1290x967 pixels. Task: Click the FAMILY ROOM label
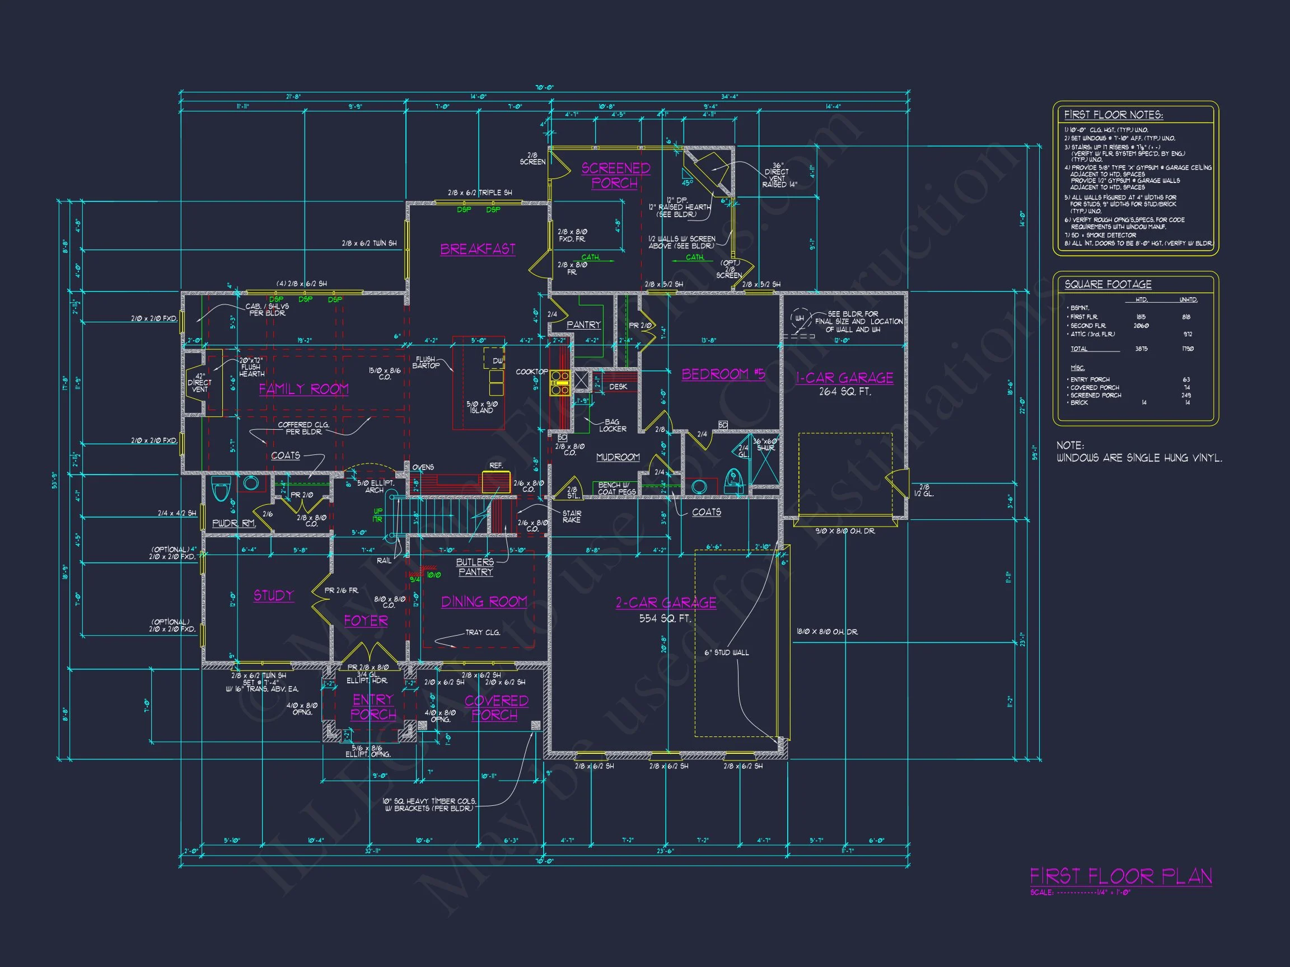[x=303, y=389]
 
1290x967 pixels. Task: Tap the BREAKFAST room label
[x=478, y=249]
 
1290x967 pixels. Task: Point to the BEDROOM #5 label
[x=723, y=374]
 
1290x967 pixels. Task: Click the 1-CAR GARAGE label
[x=844, y=378]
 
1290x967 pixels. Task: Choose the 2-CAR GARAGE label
[x=666, y=603]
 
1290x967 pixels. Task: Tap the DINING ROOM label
[x=484, y=602]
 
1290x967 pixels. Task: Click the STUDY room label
[x=274, y=595]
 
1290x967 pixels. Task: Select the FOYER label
[x=366, y=621]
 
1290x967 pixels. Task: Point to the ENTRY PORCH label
[x=373, y=707]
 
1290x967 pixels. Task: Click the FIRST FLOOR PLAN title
[x=1121, y=876]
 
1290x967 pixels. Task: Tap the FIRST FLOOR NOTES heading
[x=1113, y=115]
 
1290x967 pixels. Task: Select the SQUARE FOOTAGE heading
[x=1108, y=284]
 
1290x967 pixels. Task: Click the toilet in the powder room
[x=221, y=489]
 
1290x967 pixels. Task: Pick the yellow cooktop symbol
[x=560, y=383]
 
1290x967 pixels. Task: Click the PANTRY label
[x=583, y=325]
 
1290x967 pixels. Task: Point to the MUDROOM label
[x=618, y=458]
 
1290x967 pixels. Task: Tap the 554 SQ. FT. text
[x=665, y=618]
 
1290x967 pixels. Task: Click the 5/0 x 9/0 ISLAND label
[x=482, y=407]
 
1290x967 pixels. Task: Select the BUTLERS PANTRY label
[x=475, y=567]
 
